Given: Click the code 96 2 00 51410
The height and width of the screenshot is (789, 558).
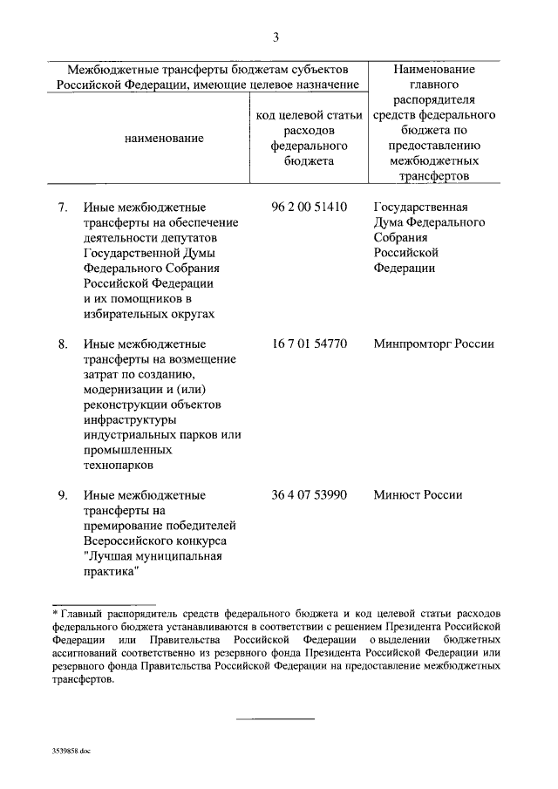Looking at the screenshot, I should (x=310, y=207).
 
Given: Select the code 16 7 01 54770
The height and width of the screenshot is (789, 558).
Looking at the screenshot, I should (x=310, y=343).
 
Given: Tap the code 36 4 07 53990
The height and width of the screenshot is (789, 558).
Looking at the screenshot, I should (x=310, y=495).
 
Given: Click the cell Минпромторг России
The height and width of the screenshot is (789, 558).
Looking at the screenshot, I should (x=433, y=343).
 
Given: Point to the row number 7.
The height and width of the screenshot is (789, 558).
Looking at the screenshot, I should (x=63, y=207).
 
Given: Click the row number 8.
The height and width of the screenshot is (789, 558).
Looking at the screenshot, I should (x=63, y=343).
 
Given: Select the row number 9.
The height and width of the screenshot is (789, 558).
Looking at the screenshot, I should (x=63, y=495).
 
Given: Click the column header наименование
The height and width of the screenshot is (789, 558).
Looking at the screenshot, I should (x=165, y=138).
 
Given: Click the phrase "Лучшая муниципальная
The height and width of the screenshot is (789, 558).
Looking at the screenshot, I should (x=149, y=556).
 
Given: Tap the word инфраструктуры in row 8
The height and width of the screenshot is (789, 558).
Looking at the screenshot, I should (x=129, y=420).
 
